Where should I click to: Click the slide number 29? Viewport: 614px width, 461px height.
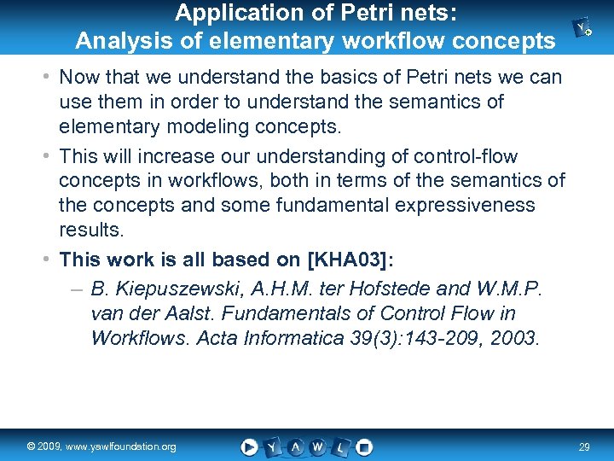584,447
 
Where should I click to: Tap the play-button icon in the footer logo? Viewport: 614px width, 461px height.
249,446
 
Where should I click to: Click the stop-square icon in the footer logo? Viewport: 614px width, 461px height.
364,446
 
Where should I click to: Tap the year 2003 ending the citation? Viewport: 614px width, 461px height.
513,337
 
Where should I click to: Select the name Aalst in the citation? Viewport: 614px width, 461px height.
186,313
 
